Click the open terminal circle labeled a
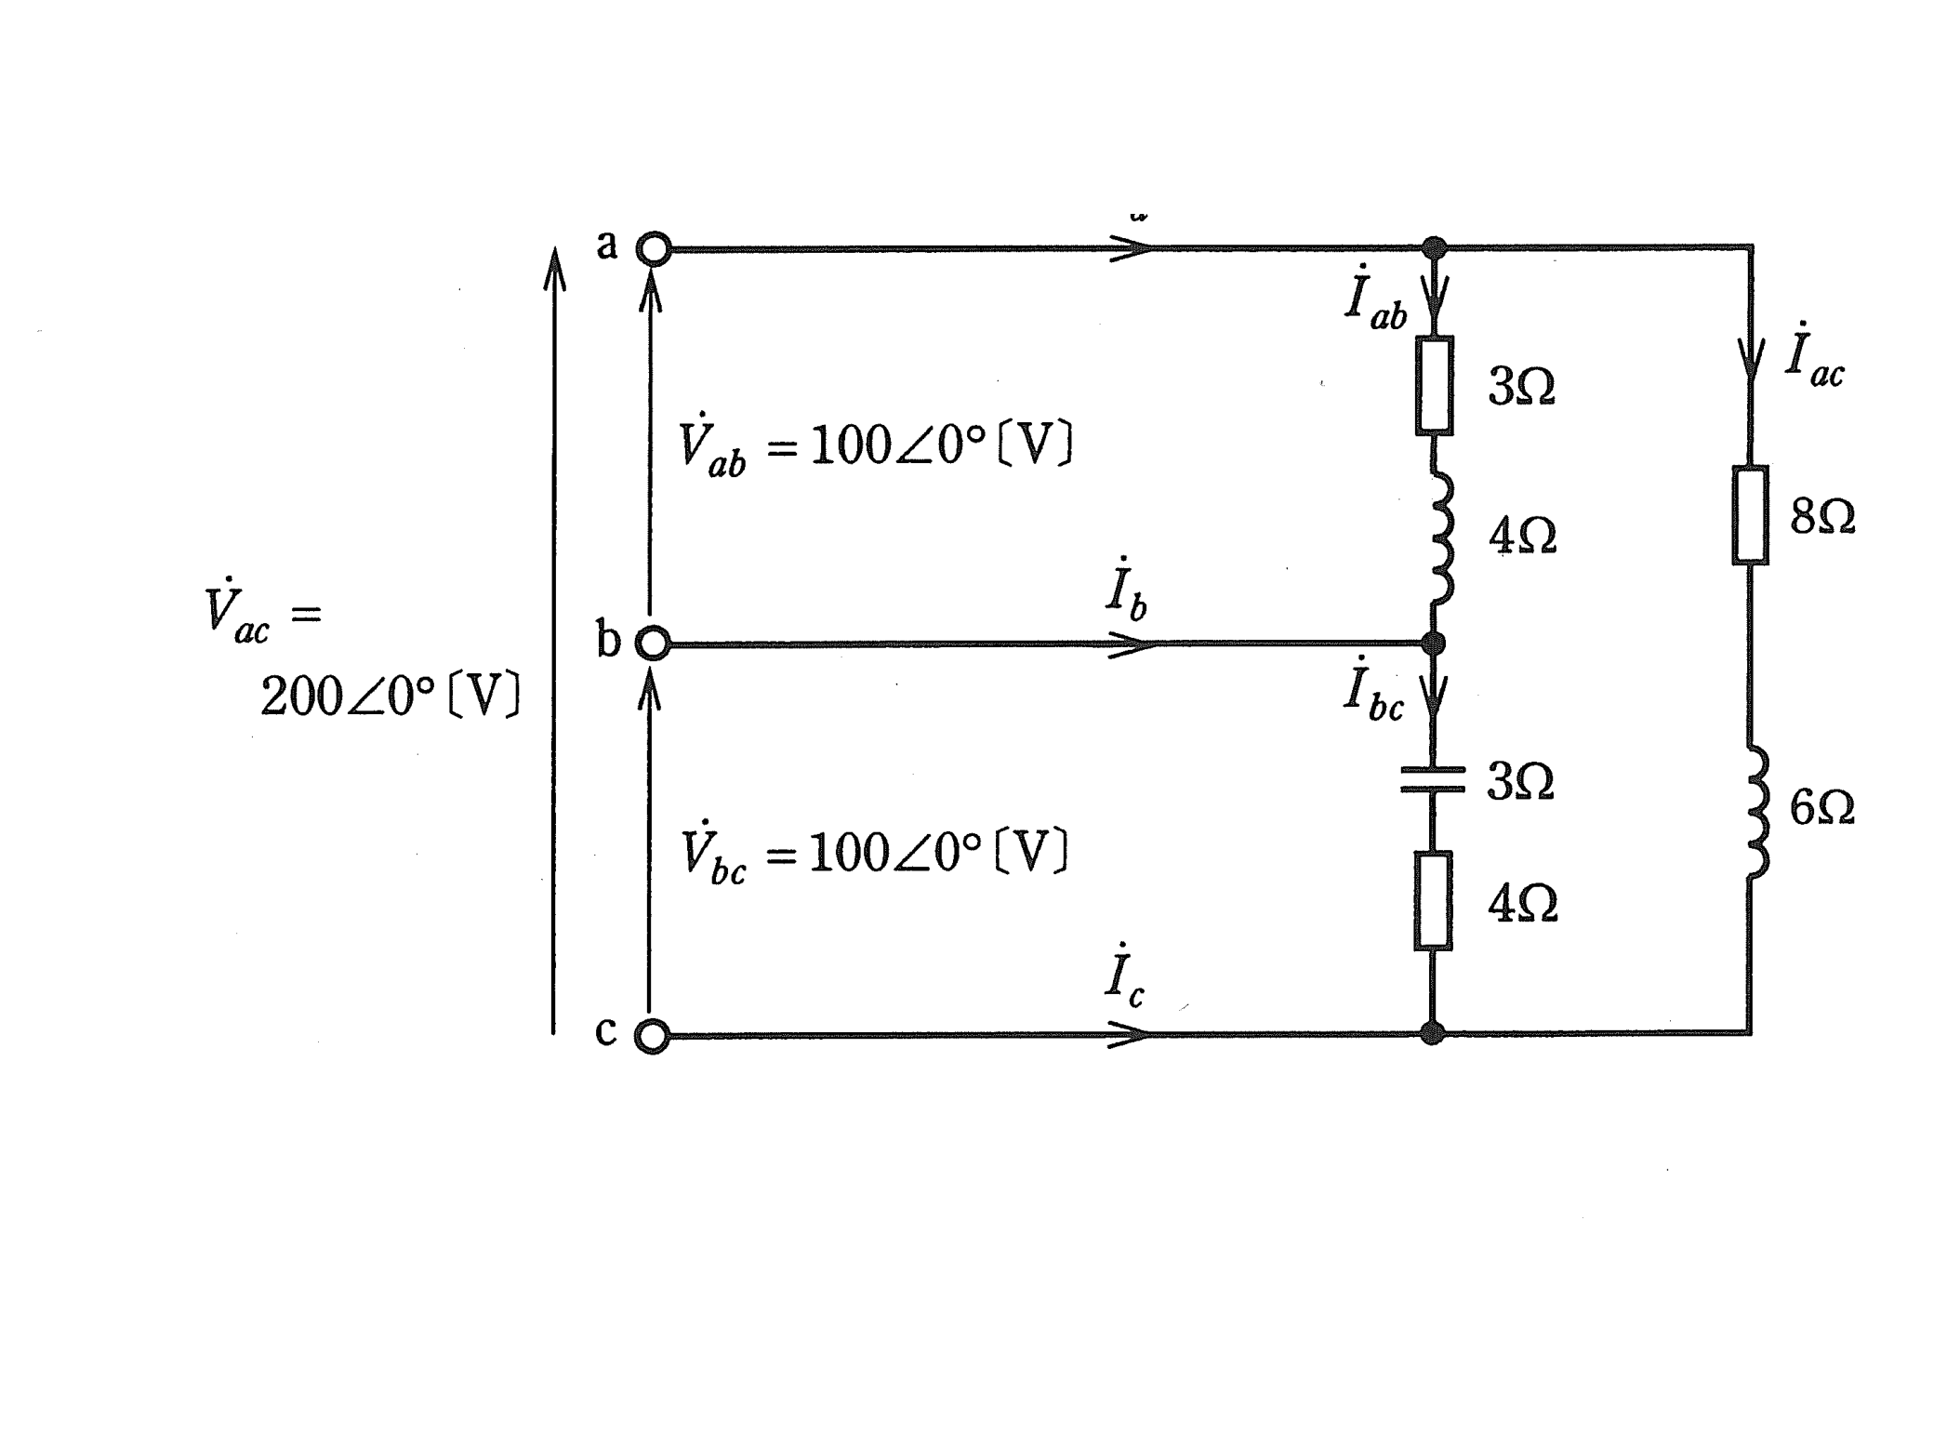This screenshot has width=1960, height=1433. click(654, 249)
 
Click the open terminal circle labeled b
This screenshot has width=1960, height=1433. click(653, 644)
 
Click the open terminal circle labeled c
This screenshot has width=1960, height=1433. click(652, 1036)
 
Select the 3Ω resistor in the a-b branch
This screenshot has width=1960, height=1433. click(1435, 386)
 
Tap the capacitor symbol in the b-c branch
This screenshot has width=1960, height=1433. click(1433, 780)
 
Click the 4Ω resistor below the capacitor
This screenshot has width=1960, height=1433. click(1433, 901)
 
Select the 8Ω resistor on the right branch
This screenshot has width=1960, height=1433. click(1751, 515)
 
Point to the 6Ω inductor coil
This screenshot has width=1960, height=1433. click(1756, 811)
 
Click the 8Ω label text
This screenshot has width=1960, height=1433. click(1823, 517)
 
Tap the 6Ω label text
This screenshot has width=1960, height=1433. click(1822, 808)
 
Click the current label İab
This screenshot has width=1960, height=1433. click(1376, 299)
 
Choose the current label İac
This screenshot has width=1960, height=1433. click(1814, 354)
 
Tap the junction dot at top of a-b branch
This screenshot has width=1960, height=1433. click(1435, 248)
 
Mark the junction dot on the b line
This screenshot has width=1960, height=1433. click(1434, 643)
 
